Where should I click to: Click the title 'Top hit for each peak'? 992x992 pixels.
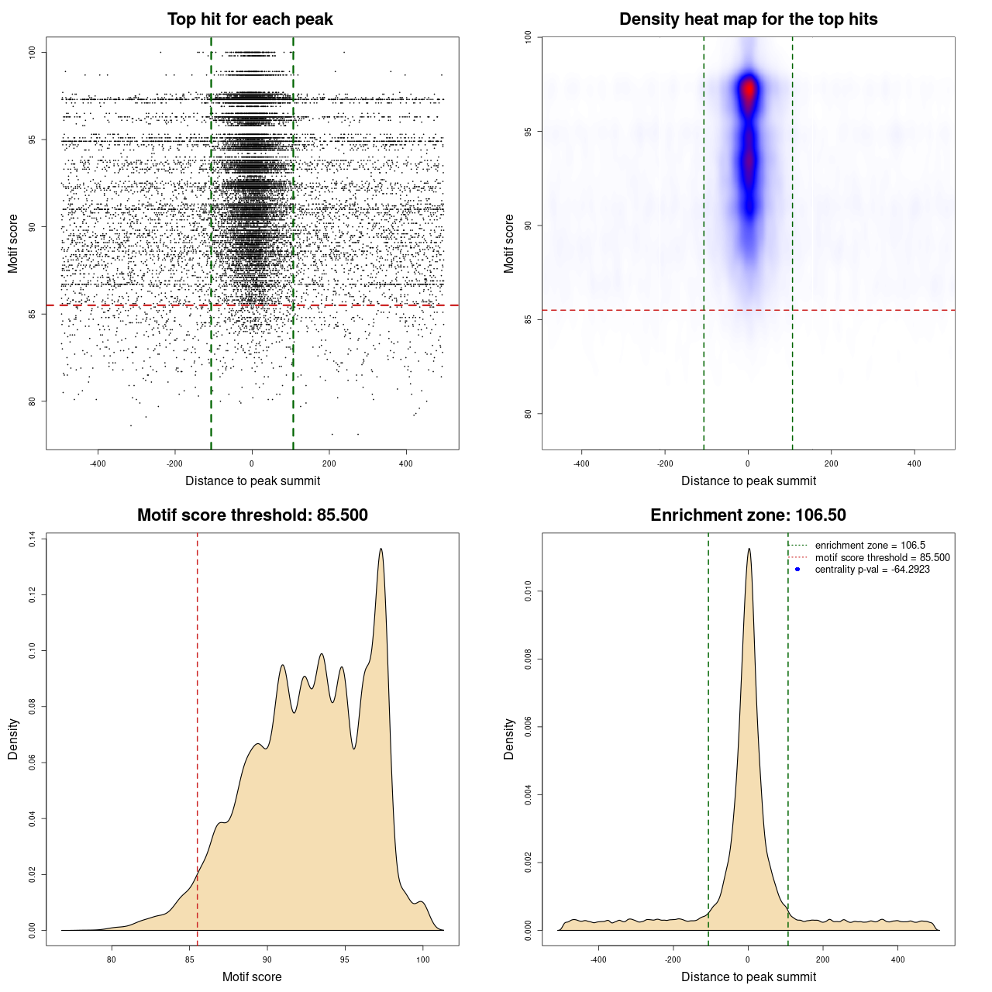click(250, 19)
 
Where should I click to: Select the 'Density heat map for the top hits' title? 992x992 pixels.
click(748, 19)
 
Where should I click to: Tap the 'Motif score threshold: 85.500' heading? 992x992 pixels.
click(252, 515)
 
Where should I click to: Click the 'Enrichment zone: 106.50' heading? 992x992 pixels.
click(748, 515)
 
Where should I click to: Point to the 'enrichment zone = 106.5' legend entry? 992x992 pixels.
click(870, 546)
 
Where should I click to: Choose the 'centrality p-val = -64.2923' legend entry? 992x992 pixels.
click(872, 570)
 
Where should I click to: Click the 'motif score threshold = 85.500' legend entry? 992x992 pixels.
click(882, 558)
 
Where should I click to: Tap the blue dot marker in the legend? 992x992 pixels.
click(797, 570)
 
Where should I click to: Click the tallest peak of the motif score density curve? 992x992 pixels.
click(381, 549)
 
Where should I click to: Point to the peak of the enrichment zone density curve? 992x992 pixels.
click(749, 549)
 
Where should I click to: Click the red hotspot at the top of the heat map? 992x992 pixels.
click(748, 89)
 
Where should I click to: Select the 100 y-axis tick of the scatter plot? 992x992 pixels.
click(32, 52)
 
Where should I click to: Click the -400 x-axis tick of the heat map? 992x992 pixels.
click(581, 464)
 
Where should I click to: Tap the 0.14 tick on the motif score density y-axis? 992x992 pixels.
click(32, 539)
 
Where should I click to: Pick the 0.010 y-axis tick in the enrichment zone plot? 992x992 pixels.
click(528, 592)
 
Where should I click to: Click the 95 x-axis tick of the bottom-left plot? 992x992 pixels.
click(345, 959)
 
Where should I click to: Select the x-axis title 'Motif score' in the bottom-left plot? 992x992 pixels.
click(252, 976)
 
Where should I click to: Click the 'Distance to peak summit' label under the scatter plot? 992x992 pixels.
click(253, 480)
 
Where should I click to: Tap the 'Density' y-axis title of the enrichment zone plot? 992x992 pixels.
click(509, 739)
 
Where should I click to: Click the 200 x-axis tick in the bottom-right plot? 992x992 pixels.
click(823, 959)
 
